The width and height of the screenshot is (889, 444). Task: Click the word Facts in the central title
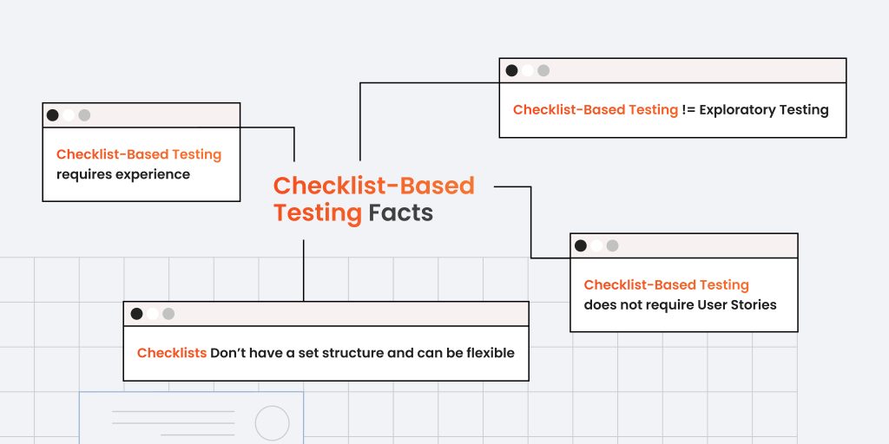(x=401, y=213)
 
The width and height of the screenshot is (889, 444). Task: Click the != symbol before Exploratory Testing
(x=688, y=110)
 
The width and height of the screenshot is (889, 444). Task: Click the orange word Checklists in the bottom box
(x=172, y=353)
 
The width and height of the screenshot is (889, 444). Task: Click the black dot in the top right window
(x=511, y=70)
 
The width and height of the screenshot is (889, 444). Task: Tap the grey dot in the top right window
(x=543, y=70)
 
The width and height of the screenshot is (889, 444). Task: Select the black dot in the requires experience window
(x=53, y=115)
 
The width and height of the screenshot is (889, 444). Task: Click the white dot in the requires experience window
(x=69, y=115)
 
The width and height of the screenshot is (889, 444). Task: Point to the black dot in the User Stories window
(x=581, y=245)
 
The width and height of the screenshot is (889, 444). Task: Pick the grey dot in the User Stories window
(x=612, y=245)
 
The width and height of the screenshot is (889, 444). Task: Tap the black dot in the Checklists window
(x=136, y=314)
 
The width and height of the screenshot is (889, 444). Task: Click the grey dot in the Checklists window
(x=168, y=314)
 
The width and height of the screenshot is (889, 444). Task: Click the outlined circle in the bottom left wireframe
(x=272, y=422)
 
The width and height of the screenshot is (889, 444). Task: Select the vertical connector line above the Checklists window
(x=303, y=271)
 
